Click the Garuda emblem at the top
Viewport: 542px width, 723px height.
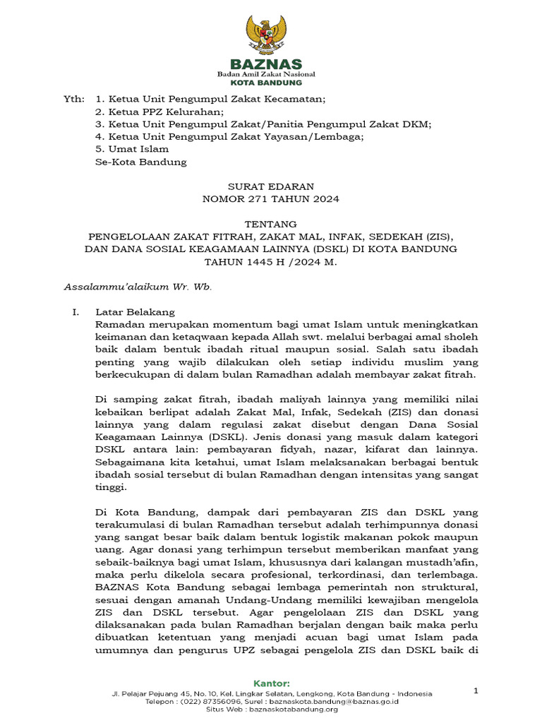point(271,35)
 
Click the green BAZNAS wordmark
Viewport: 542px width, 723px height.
point(271,65)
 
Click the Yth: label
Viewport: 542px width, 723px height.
point(73,100)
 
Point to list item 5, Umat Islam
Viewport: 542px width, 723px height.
point(132,149)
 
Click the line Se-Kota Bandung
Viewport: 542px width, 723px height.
point(141,162)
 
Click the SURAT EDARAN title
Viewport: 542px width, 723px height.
point(271,186)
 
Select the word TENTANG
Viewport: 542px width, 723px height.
point(271,224)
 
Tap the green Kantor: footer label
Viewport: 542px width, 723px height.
point(271,683)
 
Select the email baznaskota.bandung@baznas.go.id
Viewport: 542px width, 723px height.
point(339,702)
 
